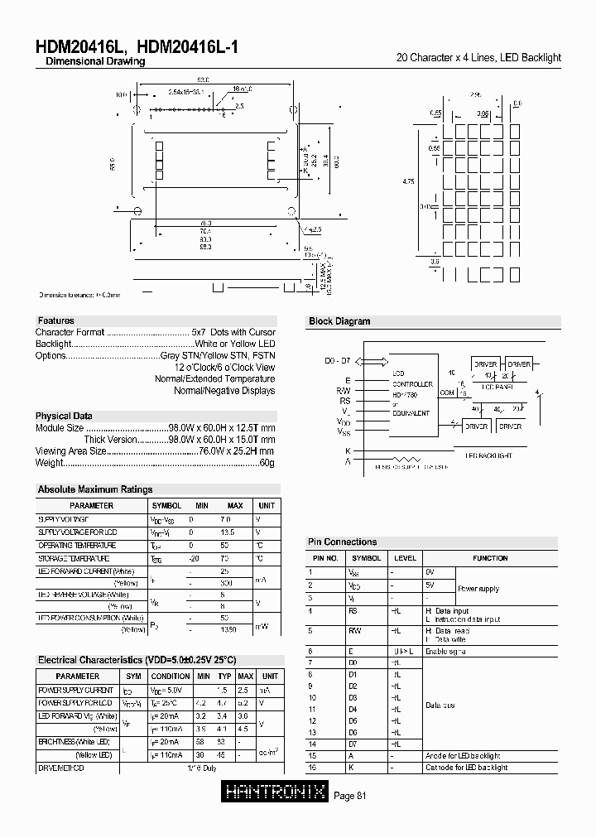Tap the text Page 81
(349, 796)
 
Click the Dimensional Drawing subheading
(95, 62)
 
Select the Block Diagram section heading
(339, 321)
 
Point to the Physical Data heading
(64, 416)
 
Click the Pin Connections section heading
(342, 542)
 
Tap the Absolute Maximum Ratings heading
(95, 489)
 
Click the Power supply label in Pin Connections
(478, 589)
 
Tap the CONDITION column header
(170, 677)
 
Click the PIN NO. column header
(324, 558)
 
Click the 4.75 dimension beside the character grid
(407, 182)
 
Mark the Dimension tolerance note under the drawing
(79, 295)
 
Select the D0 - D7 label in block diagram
(339, 361)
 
